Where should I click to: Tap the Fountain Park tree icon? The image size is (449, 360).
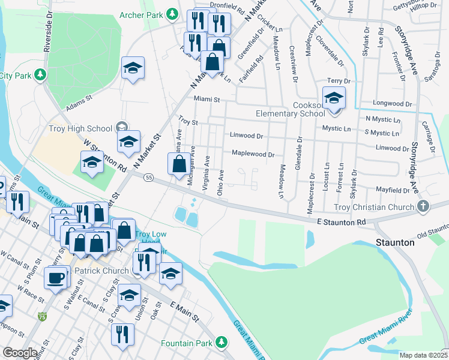(222, 343)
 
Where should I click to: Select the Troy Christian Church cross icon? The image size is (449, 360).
(423, 207)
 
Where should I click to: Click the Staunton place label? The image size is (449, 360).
(396, 242)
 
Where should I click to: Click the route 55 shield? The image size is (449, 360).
(149, 177)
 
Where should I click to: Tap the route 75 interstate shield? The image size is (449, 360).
(41, 316)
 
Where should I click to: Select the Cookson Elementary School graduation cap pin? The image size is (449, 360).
(334, 99)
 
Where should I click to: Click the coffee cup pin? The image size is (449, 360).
(56, 278)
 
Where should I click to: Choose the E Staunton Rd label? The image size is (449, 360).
(341, 222)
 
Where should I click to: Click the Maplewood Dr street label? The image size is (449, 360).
(253, 154)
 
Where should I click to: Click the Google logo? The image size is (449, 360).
(20, 352)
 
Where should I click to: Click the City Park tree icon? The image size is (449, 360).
(40, 75)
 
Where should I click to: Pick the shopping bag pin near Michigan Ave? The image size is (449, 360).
(179, 164)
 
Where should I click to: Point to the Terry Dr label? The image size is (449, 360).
(338, 80)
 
